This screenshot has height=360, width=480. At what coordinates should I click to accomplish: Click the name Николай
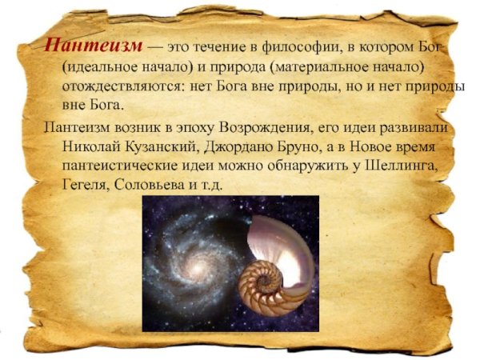pos(91,147)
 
